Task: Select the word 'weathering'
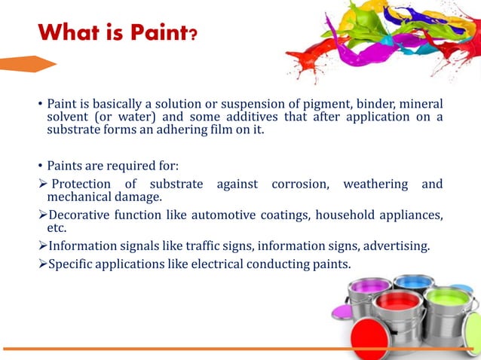pos(375,185)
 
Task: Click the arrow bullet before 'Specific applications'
pos(42,264)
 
